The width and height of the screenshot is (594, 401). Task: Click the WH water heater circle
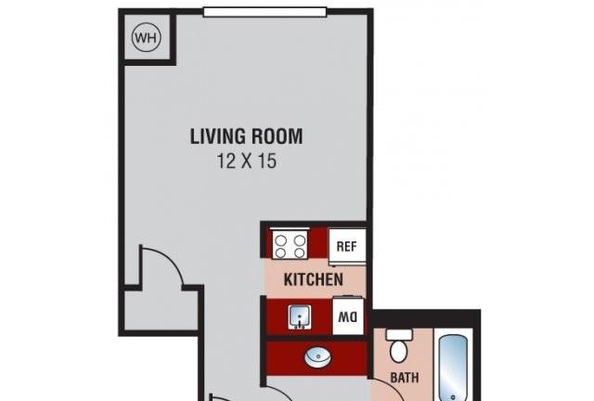click(147, 37)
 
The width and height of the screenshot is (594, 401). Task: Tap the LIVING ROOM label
click(246, 136)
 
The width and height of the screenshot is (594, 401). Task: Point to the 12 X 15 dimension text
click(246, 162)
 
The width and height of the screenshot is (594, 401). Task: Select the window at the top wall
click(265, 12)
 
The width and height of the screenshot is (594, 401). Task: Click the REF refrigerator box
click(347, 247)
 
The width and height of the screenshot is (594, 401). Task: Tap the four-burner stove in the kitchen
click(290, 245)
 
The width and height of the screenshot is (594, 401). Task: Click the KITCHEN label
click(314, 279)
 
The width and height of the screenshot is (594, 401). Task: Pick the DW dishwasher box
click(348, 317)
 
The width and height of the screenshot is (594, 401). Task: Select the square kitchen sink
click(300, 317)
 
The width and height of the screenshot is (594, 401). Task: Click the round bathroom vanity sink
click(317, 357)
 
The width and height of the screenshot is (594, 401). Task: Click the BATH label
click(405, 378)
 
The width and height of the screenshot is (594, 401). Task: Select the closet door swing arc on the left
click(167, 262)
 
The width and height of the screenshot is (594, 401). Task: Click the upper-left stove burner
click(280, 240)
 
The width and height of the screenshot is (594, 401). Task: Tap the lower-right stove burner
click(299, 252)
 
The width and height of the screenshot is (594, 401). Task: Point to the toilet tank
click(399, 334)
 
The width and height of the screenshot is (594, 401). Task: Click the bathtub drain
click(452, 397)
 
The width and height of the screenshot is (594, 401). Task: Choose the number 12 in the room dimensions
click(226, 162)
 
